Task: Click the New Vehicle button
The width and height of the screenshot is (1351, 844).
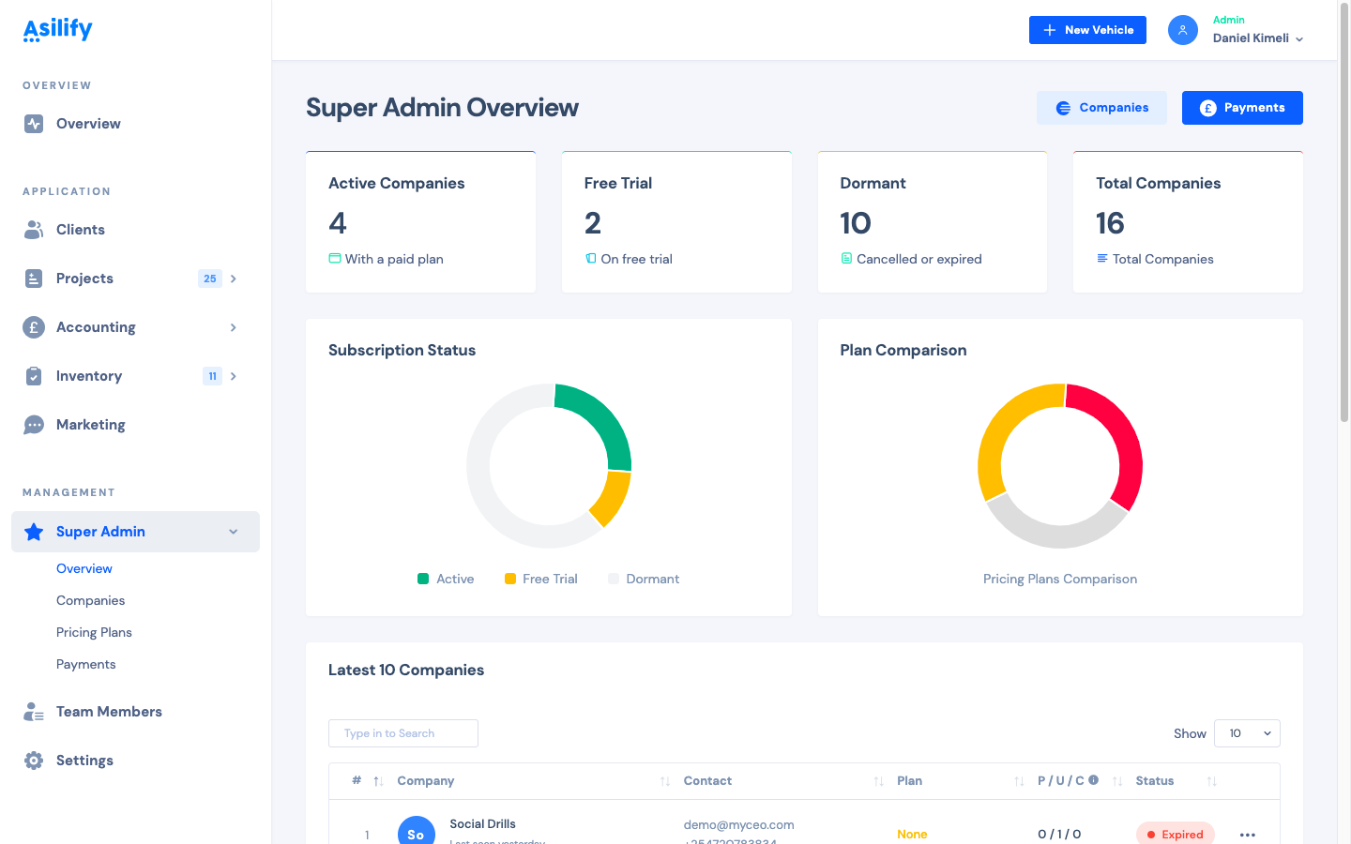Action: (1087, 30)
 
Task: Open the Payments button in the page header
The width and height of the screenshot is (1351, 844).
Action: (1242, 108)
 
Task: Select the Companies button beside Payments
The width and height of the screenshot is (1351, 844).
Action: (1101, 108)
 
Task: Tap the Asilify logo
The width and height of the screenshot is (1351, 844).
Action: (57, 30)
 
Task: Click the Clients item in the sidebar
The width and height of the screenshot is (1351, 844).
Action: (80, 230)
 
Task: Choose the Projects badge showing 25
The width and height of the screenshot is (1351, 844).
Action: (210, 279)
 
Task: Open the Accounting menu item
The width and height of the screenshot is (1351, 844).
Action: (96, 327)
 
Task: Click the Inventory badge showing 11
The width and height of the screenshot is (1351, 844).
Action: (212, 376)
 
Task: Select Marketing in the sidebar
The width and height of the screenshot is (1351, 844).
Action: (90, 425)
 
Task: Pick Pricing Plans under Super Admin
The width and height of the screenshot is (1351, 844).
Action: (94, 632)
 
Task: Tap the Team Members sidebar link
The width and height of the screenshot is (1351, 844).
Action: (109, 712)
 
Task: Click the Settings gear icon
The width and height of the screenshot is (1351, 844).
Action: (34, 761)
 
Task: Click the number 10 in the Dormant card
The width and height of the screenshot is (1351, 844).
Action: (856, 223)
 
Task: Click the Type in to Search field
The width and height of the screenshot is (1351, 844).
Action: (403, 733)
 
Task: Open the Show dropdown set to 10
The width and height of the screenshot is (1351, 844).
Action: (1247, 733)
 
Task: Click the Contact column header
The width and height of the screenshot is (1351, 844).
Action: (707, 780)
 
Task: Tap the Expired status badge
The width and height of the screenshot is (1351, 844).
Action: (1175, 834)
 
